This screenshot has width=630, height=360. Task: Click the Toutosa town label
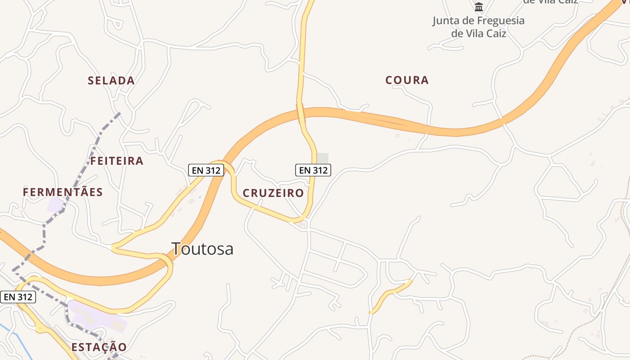(202, 248)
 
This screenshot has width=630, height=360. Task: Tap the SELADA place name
(111, 81)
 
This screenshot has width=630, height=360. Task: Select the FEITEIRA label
(117, 161)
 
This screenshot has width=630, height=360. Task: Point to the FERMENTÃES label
(63, 192)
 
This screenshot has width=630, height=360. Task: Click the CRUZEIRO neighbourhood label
(273, 193)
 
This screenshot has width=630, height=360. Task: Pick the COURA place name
(407, 80)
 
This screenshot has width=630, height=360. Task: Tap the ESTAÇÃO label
(99, 347)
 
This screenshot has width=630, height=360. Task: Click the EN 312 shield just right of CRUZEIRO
(313, 170)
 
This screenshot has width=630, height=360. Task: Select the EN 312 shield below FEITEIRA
(206, 170)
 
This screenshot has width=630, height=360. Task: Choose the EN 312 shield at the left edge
(18, 297)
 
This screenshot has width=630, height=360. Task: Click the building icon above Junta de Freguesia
(478, 7)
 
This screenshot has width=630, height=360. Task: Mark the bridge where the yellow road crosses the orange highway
(300, 112)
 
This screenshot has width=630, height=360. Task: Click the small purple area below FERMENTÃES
(55, 205)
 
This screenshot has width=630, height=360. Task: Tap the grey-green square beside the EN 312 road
(323, 158)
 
